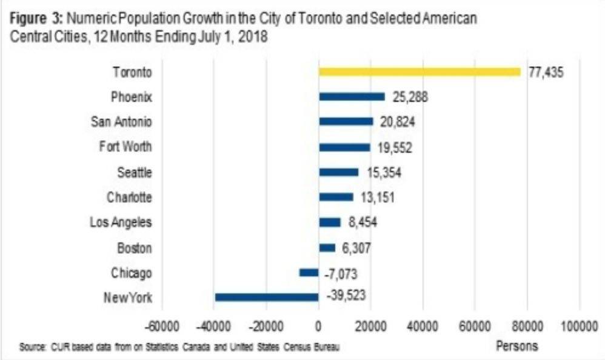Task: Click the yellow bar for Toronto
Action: click(419, 72)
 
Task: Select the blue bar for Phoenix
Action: click(352, 96)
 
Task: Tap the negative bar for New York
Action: click(267, 297)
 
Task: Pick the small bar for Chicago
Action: click(309, 273)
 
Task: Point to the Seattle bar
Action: click(338, 172)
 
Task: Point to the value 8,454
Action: click(363, 222)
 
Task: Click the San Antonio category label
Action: click(121, 122)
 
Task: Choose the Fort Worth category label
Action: click(125, 147)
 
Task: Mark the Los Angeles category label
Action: click(120, 222)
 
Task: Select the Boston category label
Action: click(135, 248)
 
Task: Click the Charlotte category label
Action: click(129, 197)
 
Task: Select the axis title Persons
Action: click(517, 347)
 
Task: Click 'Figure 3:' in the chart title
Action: click(33, 19)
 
